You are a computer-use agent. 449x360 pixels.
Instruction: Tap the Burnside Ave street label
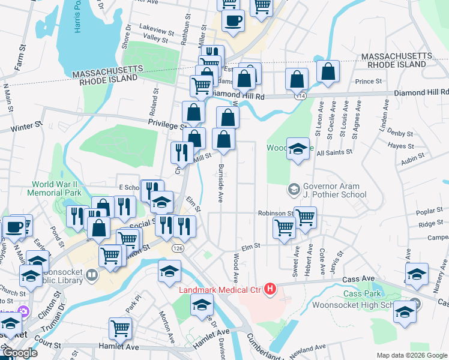(221, 182)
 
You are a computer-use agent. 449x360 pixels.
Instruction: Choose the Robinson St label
(275, 213)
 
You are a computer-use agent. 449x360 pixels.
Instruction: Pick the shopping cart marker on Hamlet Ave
(120, 330)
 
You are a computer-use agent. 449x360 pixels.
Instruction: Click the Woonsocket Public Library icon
(92, 275)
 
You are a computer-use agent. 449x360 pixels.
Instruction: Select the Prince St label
(369, 81)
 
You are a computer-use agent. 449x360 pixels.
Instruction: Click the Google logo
(20, 353)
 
